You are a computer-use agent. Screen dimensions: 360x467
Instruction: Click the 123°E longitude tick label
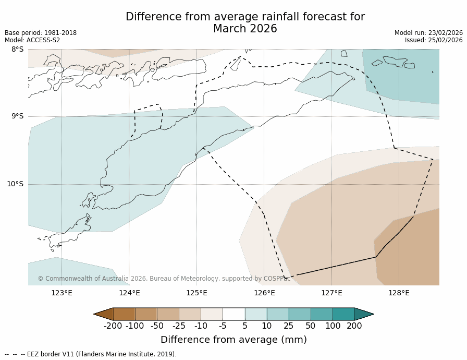pyautogui.click(x=62, y=293)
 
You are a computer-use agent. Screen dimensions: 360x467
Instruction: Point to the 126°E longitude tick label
pyautogui.click(x=264, y=293)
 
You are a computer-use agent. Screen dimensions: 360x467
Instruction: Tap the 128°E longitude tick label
pyautogui.click(x=399, y=293)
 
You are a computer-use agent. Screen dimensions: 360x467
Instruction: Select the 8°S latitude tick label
pyautogui.click(x=17, y=50)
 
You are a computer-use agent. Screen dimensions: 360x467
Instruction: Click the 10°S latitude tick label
pyautogui.click(x=15, y=184)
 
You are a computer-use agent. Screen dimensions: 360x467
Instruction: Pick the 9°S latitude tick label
pyautogui.click(x=17, y=116)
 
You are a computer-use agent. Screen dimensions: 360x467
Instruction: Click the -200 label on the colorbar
pyautogui.click(x=113, y=326)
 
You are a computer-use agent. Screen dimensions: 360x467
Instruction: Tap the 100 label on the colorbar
pyautogui.click(x=333, y=326)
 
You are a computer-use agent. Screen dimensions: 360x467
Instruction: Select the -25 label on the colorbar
pyautogui.click(x=179, y=326)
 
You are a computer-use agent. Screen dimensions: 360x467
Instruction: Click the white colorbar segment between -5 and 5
pyautogui.click(x=233, y=314)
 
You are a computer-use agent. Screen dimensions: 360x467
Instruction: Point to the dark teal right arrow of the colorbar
pyautogui.click(x=364, y=314)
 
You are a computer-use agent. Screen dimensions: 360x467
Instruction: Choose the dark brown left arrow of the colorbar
pyautogui.click(x=103, y=314)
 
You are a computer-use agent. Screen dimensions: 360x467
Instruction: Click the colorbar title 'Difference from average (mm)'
pyautogui.click(x=233, y=340)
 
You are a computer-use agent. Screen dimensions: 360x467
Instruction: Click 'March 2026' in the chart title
pyautogui.click(x=245, y=29)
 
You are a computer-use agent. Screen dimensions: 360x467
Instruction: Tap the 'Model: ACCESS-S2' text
pyautogui.click(x=32, y=40)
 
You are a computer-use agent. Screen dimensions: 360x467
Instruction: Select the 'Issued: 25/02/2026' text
pyautogui.click(x=434, y=40)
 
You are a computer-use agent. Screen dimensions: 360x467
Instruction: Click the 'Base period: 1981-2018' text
pyautogui.click(x=41, y=33)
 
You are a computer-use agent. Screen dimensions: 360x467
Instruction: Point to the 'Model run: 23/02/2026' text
pyautogui.click(x=428, y=33)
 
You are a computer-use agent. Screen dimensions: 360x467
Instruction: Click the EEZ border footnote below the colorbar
pyautogui.click(x=91, y=354)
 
